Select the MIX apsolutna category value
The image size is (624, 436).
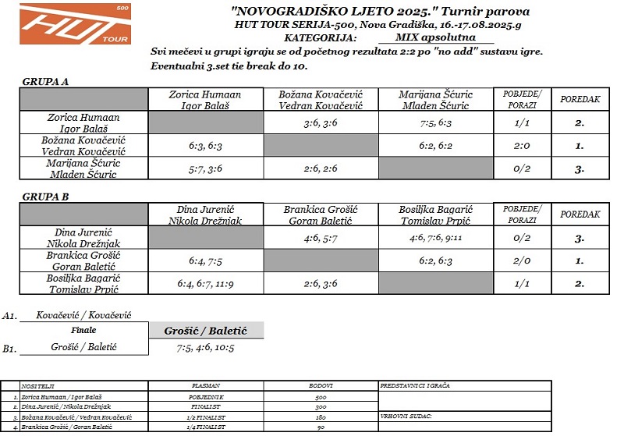pyautogui.click(x=434, y=37)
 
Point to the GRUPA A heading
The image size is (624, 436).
pyautogui.click(x=45, y=81)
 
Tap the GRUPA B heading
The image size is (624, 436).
pyautogui.click(x=45, y=197)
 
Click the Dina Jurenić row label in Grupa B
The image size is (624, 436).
pyautogui.click(x=83, y=238)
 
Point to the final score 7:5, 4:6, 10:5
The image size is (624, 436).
pyautogui.click(x=206, y=348)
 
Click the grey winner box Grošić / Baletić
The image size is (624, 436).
pyautogui.click(x=206, y=331)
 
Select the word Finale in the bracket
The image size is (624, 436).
pyautogui.click(x=83, y=331)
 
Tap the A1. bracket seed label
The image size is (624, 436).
pyautogui.click(x=9, y=316)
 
